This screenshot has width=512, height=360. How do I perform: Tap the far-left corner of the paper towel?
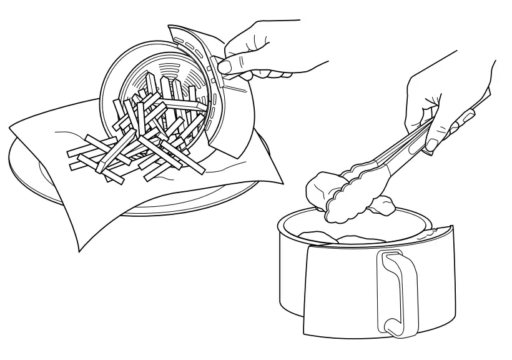pyautogui.click(x=11, y=128)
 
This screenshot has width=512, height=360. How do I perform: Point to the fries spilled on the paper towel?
pyautogui.click(x=125, y=156)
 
